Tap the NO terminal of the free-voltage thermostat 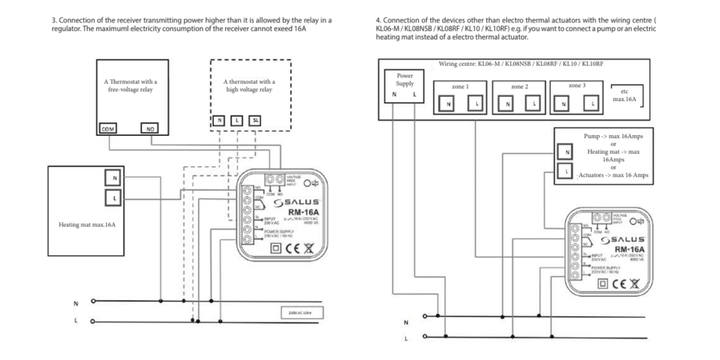pos(150,129)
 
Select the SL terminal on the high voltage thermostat pos(255,120)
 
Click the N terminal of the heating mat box pos(112,177)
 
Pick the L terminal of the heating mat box pos(112,199)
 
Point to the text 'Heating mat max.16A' pos(86,225)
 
